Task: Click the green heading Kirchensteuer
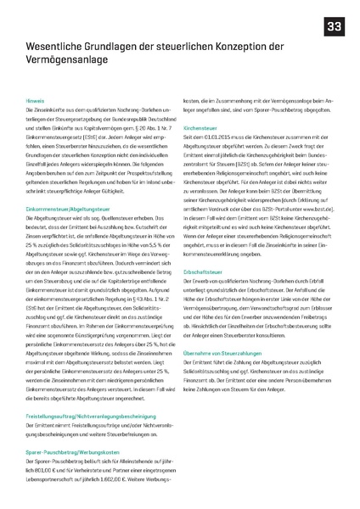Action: click(200, 128)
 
